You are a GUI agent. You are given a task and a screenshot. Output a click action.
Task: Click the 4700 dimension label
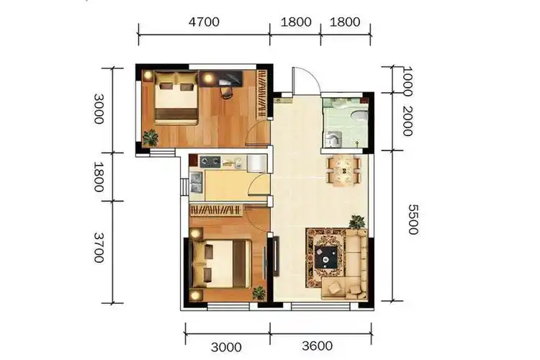click(204, 22)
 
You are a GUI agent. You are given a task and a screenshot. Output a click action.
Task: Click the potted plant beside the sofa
click(356, 222)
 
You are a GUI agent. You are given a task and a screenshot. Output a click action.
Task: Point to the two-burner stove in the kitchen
click(210, 161)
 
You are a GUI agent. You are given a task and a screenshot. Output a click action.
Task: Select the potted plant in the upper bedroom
click(150, 136)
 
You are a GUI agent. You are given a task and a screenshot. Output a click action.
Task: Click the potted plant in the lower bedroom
click(257, 292)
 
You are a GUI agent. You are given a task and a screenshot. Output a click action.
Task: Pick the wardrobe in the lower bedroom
click(216, 210)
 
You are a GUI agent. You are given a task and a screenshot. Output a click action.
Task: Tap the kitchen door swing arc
click(257, 191)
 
